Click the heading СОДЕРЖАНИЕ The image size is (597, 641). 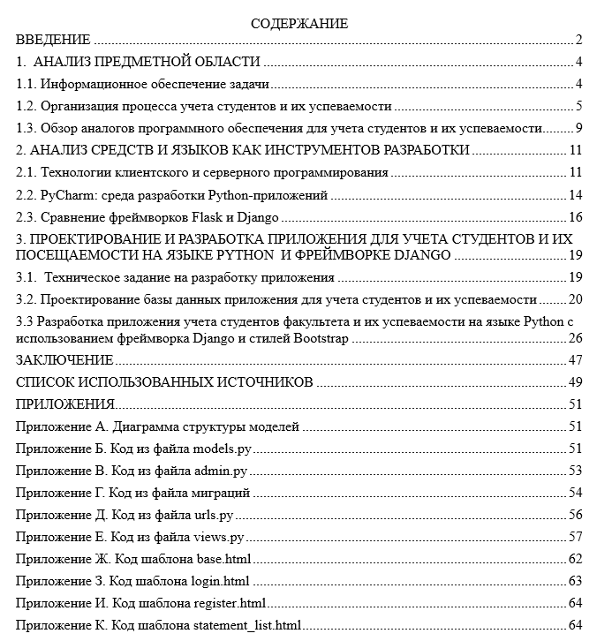coord(298,24)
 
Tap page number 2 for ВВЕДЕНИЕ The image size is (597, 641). coord(578,39)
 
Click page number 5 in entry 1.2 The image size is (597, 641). coord(578,106)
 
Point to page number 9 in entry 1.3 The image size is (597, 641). coord(578,129)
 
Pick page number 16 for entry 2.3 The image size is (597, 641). coord(575,217)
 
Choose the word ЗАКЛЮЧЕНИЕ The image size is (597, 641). coord(65,360)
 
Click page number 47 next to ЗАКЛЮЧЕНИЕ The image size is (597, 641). coord(575,360)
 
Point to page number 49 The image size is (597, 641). coord(575,382)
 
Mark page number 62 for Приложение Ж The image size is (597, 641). coord(575,559)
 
